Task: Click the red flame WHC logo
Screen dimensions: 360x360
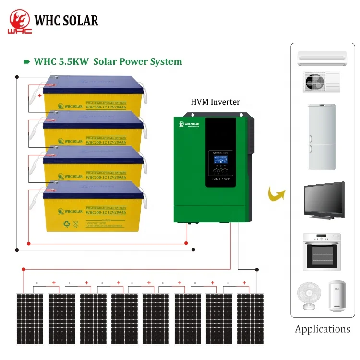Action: (19, 21)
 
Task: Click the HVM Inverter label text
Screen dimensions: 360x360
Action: (215, 102)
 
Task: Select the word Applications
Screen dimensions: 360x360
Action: (323, 329)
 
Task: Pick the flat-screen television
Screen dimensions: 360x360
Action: (324, 201)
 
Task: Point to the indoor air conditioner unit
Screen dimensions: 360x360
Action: (322, 57)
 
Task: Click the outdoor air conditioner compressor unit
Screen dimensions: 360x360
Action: (322, 81)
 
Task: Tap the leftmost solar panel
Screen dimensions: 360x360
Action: (31, 319)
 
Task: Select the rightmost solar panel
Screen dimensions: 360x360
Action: (250, 319)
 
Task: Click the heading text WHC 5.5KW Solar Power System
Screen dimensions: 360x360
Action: (108, 61)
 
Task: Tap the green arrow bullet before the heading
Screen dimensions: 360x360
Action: (27, 62)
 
